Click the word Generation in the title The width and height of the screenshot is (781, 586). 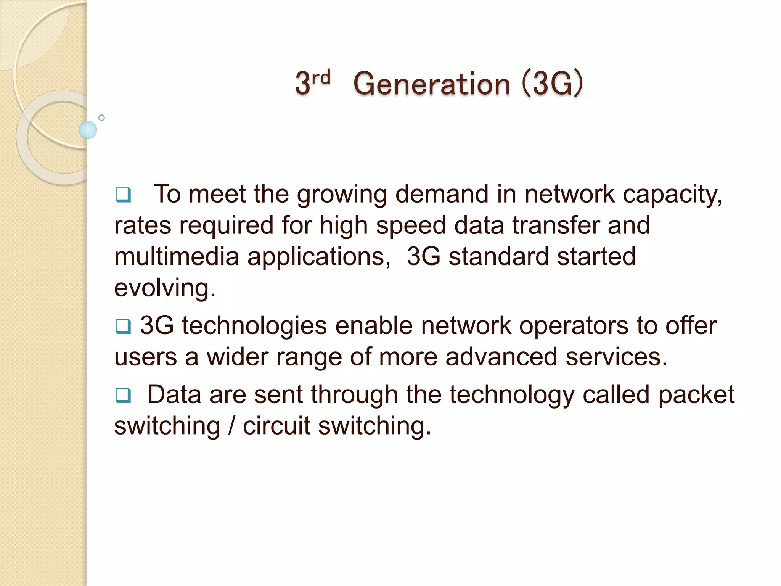click(432, 84)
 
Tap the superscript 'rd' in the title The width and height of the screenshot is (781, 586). click(321, 78)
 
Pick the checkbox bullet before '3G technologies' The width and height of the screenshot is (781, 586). click(123, 326)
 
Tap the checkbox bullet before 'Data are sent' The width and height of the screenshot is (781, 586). click(123, 395)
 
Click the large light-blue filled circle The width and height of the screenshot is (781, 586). click(88, 130)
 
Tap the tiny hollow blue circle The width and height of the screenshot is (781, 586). click(101, 118)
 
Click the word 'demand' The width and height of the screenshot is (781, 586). click(442, 194)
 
